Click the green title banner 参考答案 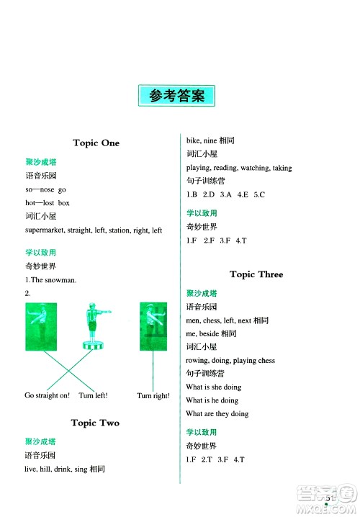[x=177, y=95]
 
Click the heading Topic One [x=96, y=143]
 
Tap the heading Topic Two [x=96, y=423]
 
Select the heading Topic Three [x=256, y=274]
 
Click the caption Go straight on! [x=48, y=396]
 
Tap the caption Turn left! [x=93, y=396]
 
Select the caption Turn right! [x=153, y=396]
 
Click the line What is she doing [x=213, y=387]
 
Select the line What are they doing [x=217, y=414]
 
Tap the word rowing [x=198, y=360]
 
